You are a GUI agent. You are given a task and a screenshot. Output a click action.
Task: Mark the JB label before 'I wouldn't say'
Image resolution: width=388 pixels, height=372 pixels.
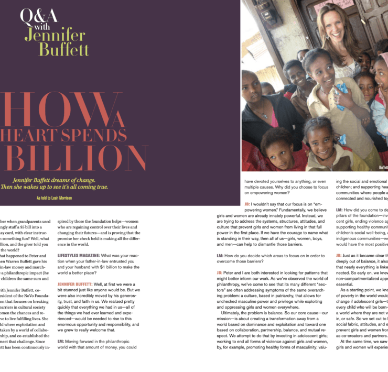247,204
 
